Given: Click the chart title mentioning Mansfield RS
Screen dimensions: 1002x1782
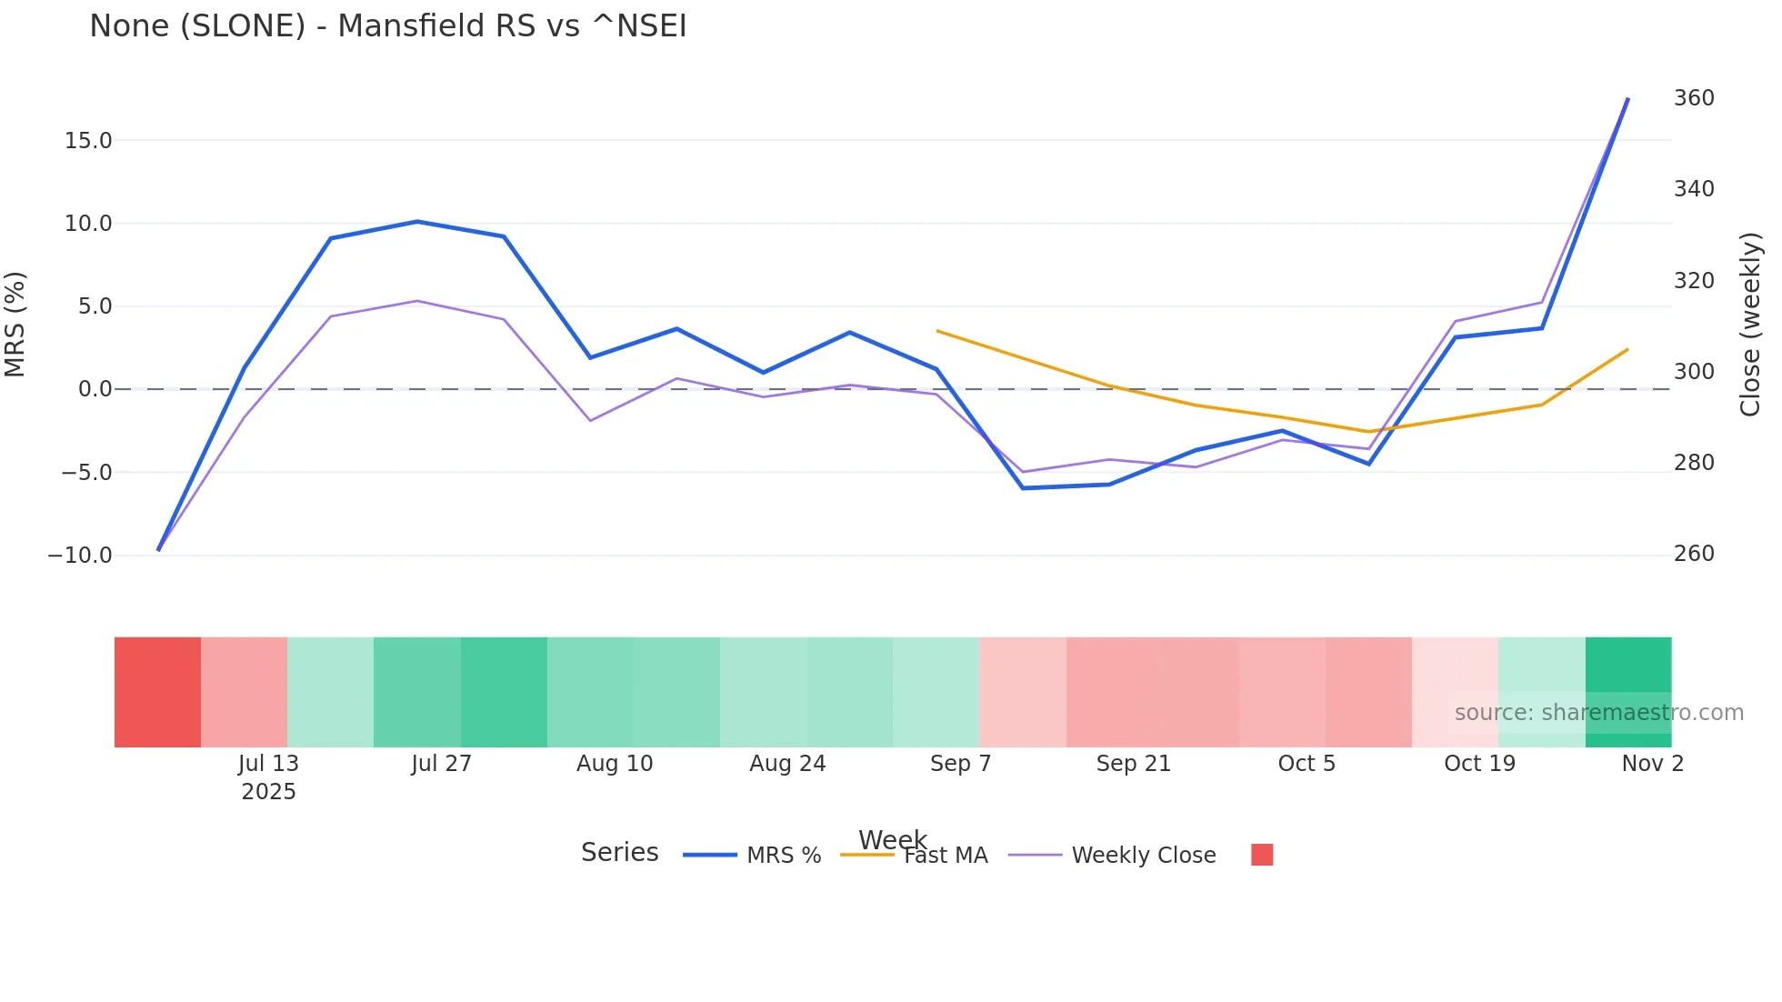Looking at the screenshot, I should coord(387,26).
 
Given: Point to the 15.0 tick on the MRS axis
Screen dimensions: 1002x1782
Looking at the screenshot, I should coord(87,141).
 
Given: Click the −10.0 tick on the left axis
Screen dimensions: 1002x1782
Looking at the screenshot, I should coord(80,556).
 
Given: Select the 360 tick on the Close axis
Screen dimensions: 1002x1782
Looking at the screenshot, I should coord(1694,98).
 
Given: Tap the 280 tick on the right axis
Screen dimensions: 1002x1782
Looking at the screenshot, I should coord(1694,463).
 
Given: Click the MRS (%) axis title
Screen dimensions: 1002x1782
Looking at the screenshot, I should coord(15,324).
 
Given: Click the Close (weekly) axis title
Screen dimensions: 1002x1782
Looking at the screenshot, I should coord(1750,324).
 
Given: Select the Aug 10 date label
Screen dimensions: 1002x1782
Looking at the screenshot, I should coord(615,764).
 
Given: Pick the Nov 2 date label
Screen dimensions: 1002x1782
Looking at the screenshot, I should coord(1652,764).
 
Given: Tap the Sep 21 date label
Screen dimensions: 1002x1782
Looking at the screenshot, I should coord(1133,764).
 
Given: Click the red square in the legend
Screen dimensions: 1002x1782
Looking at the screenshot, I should coord(1262,855).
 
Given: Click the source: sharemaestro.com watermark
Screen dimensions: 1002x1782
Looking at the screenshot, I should coord(1598,713).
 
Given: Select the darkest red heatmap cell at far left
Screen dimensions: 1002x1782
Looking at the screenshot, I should coord(157,692).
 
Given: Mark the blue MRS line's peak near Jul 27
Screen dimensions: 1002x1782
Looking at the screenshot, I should coord(417,222).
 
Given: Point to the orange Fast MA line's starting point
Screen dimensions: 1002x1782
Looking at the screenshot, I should coord(937,331).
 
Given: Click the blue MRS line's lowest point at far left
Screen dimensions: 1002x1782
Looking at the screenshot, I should coord(158,549).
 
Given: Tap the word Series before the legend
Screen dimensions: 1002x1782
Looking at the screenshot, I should coord(619,853).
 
